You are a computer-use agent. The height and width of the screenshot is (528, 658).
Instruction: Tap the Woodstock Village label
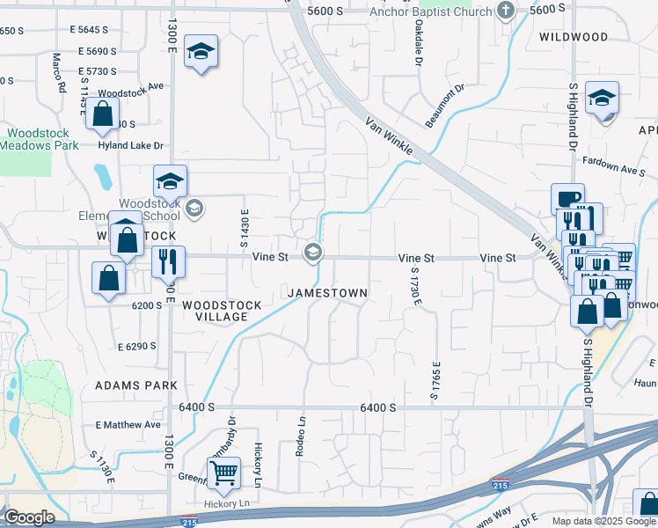(222, 311)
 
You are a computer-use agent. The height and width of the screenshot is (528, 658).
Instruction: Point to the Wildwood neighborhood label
(574, 37)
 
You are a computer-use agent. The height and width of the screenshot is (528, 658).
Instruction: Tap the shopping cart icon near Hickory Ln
(223, 473)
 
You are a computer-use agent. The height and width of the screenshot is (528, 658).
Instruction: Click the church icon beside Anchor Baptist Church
(505, 11)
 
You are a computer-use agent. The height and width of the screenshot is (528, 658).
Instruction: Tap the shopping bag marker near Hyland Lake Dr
(103, 114)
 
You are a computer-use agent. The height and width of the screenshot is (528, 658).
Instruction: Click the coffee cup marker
(567, 198)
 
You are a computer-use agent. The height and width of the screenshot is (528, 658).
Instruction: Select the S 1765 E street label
(435, 380)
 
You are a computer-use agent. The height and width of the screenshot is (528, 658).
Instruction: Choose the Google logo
(29, 517)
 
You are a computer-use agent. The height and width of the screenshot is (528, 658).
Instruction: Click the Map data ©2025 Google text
(603, 521)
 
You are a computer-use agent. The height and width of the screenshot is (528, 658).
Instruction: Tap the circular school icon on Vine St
(312, 253)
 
